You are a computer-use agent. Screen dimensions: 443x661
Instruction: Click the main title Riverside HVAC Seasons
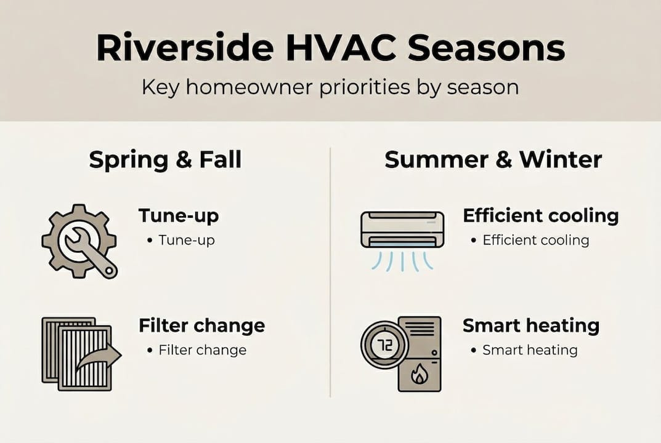[x=330, y=49]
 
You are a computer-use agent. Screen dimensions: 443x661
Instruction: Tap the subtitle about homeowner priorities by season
[x=330, y=87]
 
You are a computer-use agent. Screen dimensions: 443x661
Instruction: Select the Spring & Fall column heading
[x=165, y=160]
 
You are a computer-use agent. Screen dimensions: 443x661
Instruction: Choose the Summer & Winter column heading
[x=493, y=160]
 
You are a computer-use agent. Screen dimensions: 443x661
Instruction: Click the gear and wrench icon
[x=78, y=241]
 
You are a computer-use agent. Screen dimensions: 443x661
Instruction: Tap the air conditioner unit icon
[x=402, y=229]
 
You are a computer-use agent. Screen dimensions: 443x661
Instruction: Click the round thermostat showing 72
[x=384, y=346]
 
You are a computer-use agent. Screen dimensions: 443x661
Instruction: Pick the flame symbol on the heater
[x=420, y=374]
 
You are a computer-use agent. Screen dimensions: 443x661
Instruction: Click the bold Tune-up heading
[x=179, y=216]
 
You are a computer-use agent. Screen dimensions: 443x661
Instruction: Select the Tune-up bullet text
[x=187, y=240]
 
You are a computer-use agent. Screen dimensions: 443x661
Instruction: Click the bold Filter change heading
[x=201, y=325]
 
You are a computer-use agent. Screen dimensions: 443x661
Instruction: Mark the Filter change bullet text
[x=202, y=350]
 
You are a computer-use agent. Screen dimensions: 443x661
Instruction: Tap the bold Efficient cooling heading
[x=540, y=216]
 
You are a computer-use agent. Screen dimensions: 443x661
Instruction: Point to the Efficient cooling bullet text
[x=535, y=240]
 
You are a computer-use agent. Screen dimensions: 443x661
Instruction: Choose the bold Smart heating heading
[x=530, y=325]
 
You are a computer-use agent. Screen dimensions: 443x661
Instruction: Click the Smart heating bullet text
[x=530, y=350]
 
